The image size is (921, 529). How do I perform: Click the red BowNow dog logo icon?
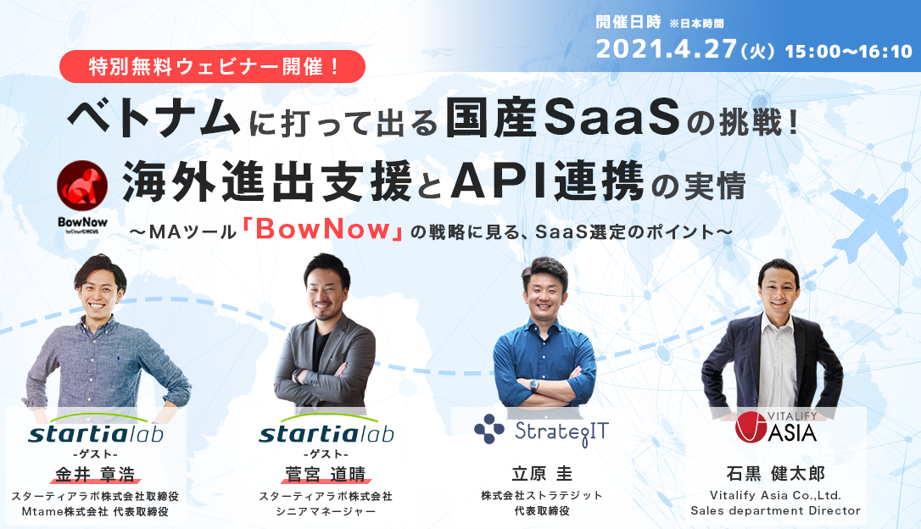[82, 186]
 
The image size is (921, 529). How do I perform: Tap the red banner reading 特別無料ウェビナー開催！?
[212, 66]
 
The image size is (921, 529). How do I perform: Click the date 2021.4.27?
[666, 48]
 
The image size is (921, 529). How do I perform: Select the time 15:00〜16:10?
[848, 52]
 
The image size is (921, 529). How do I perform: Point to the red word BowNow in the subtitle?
[323, 229]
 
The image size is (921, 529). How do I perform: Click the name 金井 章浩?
[95, 474]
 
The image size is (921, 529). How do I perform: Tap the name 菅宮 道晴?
[326, 474]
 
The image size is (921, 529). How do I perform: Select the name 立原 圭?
[542, 473]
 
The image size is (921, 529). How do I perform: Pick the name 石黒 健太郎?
[775, 473]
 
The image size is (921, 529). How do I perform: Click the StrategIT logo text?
[561, 432]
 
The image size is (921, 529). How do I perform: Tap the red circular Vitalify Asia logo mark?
[751, 426]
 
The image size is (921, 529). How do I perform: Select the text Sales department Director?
[775, 511]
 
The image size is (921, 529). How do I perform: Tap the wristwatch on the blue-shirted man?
[533, 386]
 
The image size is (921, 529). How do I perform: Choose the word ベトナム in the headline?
[153, 118]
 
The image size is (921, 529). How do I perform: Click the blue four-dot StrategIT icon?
[488, 429]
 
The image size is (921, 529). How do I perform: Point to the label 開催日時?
[628, 22]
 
